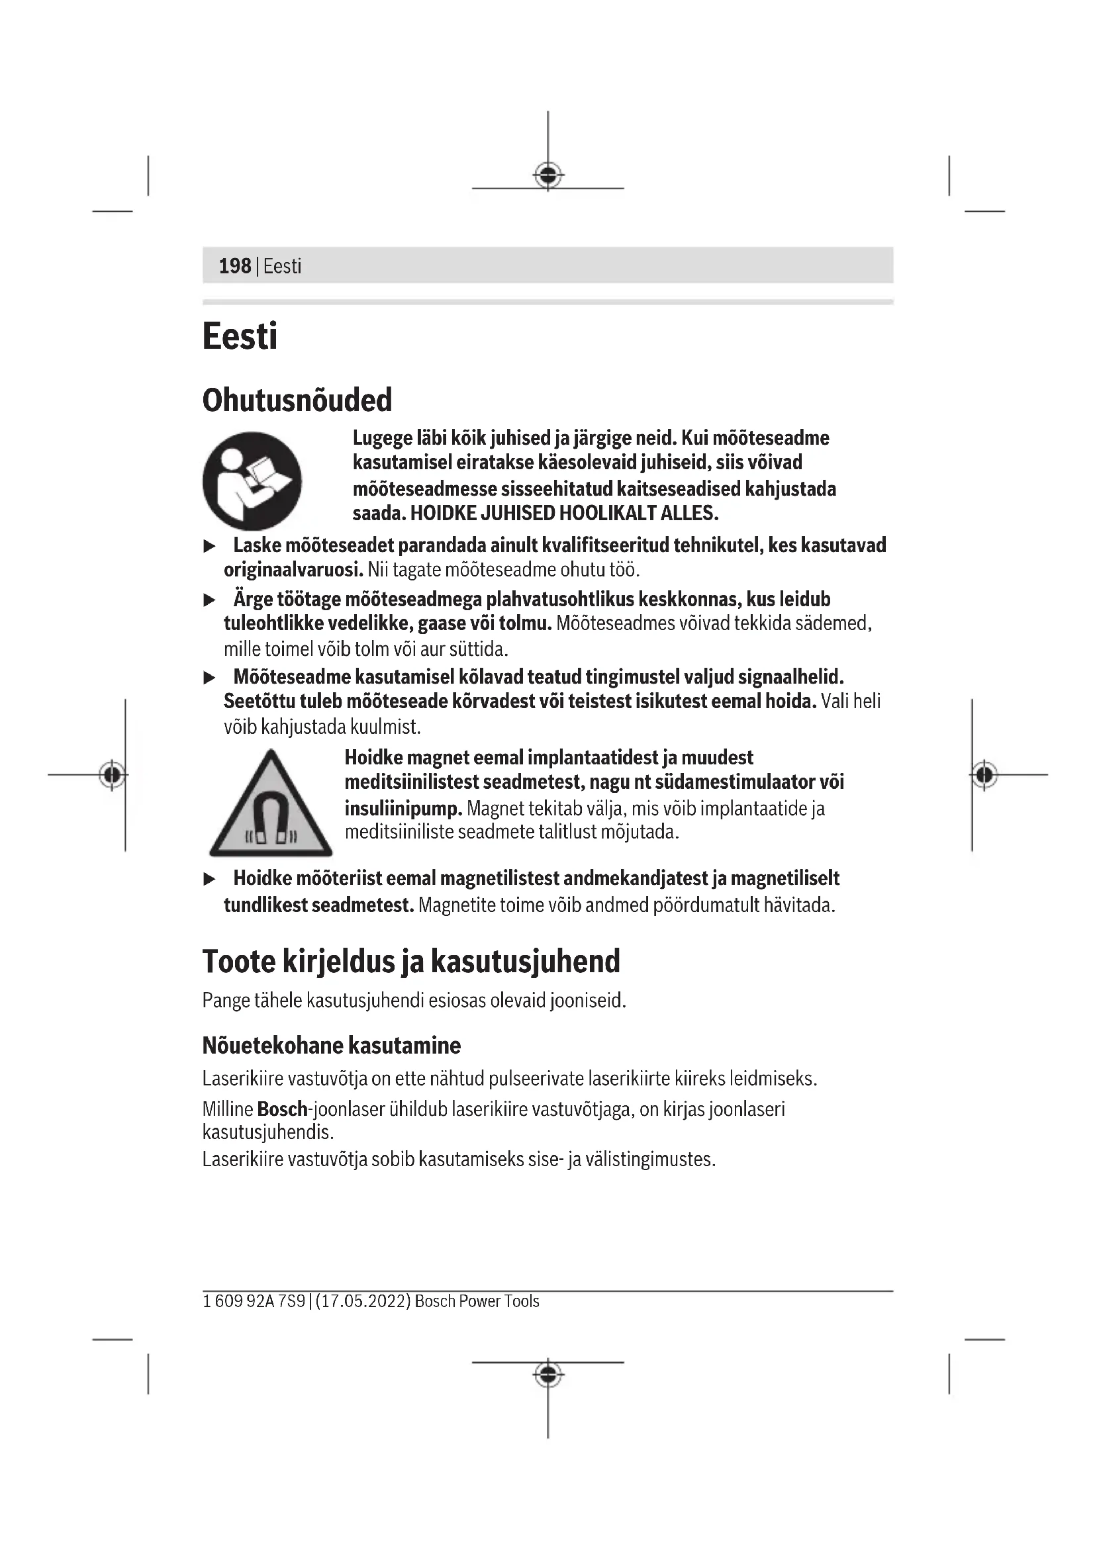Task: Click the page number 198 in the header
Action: pyautogui.click(x=234, y=266)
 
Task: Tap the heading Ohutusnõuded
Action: pyautogui.click(x=297, y=400)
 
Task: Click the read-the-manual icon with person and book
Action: pyautogui.click(x=252, y=480)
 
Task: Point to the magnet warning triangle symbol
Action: pyautogui.click(x=270, y=806)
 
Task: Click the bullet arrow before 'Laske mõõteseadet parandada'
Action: pyautogui.click(x=210, y=546)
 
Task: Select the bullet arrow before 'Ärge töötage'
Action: pyautogui.click(x=210, y=600)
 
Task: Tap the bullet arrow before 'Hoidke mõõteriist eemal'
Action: pyautogui.click(x=210, y=879)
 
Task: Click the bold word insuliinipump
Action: pyautogui.click(x=403, y=807)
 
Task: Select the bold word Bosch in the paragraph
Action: pyautogui.click(x=282, y=1109)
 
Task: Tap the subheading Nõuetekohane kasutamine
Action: pyautogui.click(x=331, y=1046)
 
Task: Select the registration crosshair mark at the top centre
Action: pyautogui.click(x=548, y=176)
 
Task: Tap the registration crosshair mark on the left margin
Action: pyautogui.click(x=113, y=775)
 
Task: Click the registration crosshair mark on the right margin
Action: pyautogui.click(x=984, y=775)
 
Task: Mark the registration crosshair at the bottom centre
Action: pyautogui.click(x=548, y=1373)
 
